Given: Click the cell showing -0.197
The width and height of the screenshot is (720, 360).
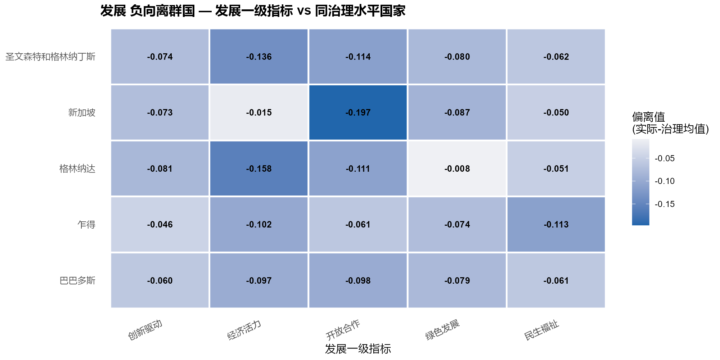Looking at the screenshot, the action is pyautogui.click(x=358, y=112).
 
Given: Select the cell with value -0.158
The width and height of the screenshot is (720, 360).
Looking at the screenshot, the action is pyautogui.click(x=259, y=168).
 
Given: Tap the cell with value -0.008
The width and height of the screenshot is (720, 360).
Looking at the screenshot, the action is pyautogui.click(x=457, y=168).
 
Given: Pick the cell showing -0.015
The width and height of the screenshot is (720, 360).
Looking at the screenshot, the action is pyautogui.click(x=259, y=112).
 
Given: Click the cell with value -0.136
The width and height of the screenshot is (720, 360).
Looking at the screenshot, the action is pyautogui.click(x=259, y=57).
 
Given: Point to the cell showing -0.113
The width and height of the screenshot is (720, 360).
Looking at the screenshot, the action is pyautogui.click(x=556, y=224).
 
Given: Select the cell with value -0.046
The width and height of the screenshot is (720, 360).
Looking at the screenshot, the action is pyautogui.click(x=160, y=224).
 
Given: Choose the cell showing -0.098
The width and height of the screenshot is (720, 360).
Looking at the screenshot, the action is pyautogui.click(x=358, y=280).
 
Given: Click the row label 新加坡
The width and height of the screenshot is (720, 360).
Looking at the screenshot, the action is pyautogui.click(x=82, y=113).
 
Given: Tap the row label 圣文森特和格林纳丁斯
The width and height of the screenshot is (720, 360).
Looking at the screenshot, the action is pyautogui.click(x=50, y=57).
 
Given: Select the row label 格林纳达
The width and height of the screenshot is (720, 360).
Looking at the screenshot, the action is pyautogui.click(x=77, y=168).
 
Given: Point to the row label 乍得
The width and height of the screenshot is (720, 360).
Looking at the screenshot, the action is pyautogui.click(x=86, y=225).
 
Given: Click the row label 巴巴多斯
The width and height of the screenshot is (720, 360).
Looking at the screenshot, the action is pyautogui.click(x=77, y=280).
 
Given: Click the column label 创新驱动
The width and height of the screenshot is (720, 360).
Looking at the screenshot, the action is pyautogui.click(x=145, y=329).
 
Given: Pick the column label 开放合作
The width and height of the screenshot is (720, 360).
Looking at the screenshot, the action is pyautogui.click(x=343, y=330).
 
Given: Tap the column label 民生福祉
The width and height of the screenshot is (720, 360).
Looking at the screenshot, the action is pyautogui.click(x=541, y=330).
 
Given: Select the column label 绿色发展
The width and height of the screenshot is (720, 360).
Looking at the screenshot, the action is pyautogui.click(x=442, y=330).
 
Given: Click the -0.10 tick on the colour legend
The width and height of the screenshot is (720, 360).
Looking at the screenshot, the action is pyautogui.click(x=665, y=181).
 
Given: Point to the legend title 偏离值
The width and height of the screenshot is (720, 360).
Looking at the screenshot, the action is pyautogui.click(x=648, y=117).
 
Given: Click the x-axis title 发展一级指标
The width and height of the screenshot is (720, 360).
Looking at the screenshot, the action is pyautogui.click(x=358, y=348).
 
